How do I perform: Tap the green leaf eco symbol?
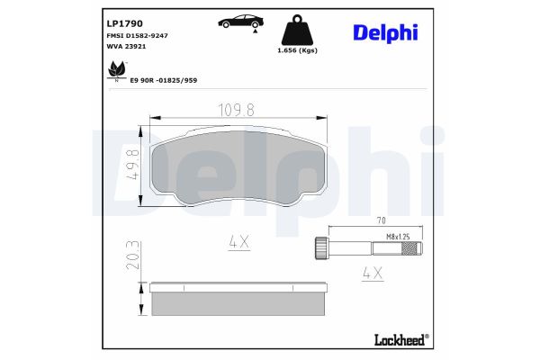click(116, 69)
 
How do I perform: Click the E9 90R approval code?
click(165, 80)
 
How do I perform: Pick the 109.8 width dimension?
click(238, 110)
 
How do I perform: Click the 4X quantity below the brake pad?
click(238, 241)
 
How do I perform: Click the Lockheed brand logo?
click(400, 339)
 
